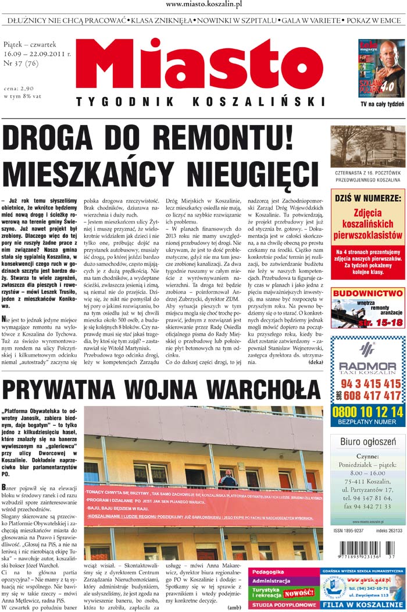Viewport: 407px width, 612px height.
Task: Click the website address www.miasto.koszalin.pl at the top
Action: click(x=203, y=5)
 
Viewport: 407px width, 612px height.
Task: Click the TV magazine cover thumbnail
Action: click(x=381, y=69)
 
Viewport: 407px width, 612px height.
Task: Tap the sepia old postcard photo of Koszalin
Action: click(x=367, y=147)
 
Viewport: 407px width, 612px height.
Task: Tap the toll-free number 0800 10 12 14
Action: click(x=367, y=411)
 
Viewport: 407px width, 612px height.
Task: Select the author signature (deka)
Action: click(x=316, y=362)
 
